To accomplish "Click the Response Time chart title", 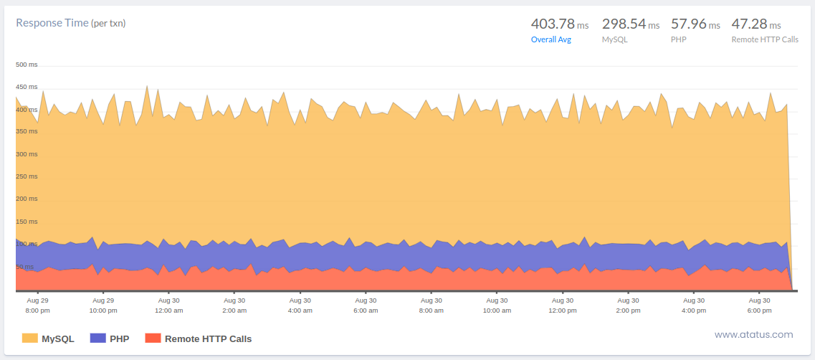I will [x=71, y=23].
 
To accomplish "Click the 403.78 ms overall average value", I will [x=559, y=24].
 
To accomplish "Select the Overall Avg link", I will [x=551, y=39].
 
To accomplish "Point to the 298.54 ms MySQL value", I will [x=630, y=24].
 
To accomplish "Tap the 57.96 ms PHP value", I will [x=695, y=24].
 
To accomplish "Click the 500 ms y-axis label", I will [x=27, y=65].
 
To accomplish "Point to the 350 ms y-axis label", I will [x=27, y=131].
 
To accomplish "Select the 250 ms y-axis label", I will [x=27, y=176].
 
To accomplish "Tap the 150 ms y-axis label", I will [x=27, y=222].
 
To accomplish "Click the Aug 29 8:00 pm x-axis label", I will [x=37, y=305].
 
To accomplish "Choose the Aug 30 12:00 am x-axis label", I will [x=168, y=305].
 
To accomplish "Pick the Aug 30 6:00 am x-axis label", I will [x=366, y=305].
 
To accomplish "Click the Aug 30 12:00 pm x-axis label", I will [x=562, y=305].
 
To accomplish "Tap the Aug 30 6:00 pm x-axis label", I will [x=759, y=305].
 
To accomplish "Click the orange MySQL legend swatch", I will [x=29, y=338].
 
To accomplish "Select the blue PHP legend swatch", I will [x=97, y=338].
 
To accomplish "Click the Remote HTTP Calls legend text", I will [x=208, y=338].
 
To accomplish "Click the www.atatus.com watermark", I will [x=753, y=334].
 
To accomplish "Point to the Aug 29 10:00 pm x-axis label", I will [x=103, y=305].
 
